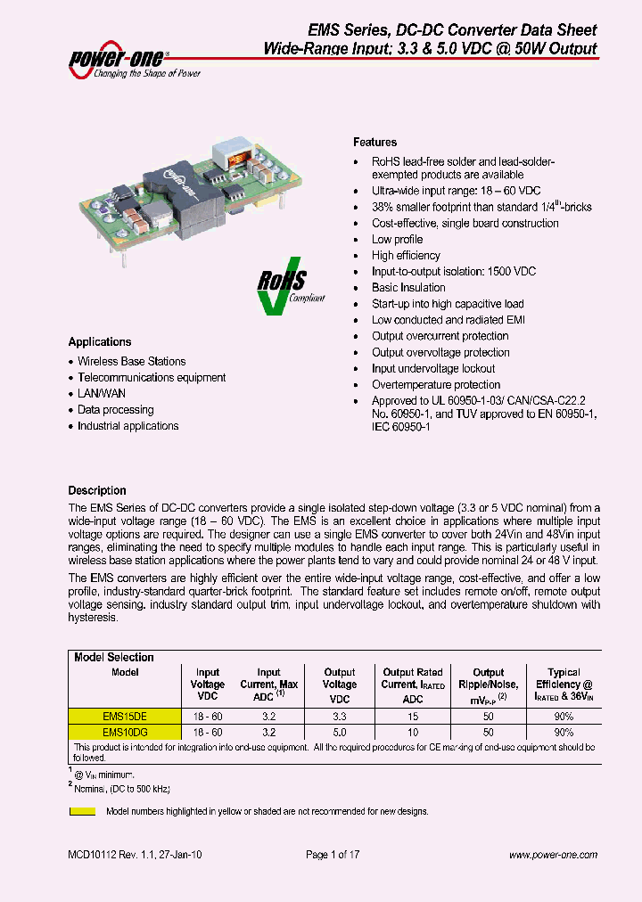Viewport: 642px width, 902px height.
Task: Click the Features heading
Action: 374,143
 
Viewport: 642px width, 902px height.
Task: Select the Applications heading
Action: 100,342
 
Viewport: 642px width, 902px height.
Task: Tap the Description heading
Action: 97,491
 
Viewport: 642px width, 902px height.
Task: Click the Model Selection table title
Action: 114,658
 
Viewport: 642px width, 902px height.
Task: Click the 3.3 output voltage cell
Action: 339,716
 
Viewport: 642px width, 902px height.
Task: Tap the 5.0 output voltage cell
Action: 339,731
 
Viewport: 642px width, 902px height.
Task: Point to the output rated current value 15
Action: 412,716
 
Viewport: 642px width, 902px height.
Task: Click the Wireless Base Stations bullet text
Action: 132,362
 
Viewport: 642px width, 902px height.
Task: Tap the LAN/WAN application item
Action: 102,394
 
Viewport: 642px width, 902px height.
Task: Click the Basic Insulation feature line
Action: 408,288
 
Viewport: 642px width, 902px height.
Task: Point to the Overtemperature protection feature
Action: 436,385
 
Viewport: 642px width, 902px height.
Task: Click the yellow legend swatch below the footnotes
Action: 83,812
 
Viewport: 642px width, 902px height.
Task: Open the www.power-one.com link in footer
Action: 553,856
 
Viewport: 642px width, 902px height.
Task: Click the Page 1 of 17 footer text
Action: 333,856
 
